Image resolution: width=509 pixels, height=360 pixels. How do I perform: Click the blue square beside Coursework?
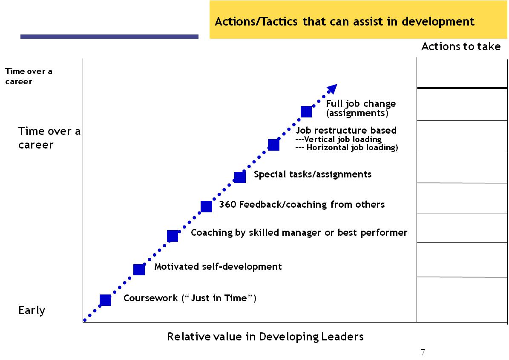[106, 300]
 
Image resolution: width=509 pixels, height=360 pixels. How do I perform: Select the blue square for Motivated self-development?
[139, 269]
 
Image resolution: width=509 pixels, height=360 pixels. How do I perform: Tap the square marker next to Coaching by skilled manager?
[173, 236]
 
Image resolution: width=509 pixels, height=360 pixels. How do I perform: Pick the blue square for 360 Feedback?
[207, 206]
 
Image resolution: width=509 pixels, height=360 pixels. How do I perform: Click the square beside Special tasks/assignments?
[240, 177]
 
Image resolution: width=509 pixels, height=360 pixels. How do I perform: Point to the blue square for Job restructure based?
[273, 145]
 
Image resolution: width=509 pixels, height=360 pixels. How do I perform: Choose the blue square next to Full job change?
[306, 111]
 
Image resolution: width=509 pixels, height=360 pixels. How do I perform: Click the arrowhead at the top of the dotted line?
[332, 89]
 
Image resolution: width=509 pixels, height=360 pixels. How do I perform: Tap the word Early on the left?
[32, 310]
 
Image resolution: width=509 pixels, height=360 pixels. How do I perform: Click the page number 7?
[423, 352]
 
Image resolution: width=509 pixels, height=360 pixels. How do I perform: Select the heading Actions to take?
[461, 46]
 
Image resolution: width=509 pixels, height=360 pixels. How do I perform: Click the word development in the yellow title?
[438, 22]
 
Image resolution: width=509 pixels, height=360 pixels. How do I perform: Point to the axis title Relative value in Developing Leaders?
[265, 337]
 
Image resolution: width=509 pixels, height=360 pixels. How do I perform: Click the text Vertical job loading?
[343, 139]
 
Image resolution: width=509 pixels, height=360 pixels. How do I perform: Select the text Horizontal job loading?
[352, 148]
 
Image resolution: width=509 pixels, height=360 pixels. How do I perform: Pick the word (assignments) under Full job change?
[357, 113]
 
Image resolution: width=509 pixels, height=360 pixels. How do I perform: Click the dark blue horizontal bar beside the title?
[109, 37]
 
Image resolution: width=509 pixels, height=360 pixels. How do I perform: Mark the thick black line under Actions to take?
[462, 88]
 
